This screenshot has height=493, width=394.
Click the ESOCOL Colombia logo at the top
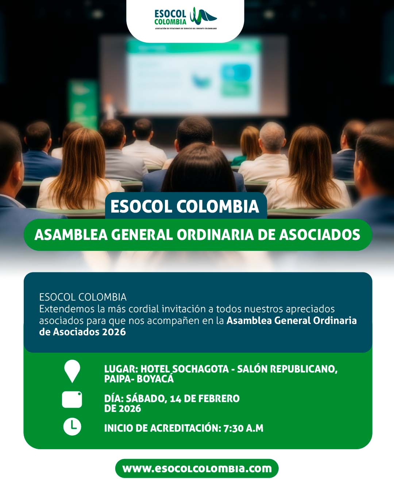coord(185,18)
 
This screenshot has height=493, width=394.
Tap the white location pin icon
coord(72,370)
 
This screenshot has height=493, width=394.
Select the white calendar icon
coord(72,400)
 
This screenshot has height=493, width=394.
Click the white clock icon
coord(72,427)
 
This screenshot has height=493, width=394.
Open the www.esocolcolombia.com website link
coord(197,469)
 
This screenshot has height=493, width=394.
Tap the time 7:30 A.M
coord(243,428)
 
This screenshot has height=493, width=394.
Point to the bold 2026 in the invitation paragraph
coord(114,332)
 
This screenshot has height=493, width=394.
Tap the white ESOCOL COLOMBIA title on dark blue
coord(185,206)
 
